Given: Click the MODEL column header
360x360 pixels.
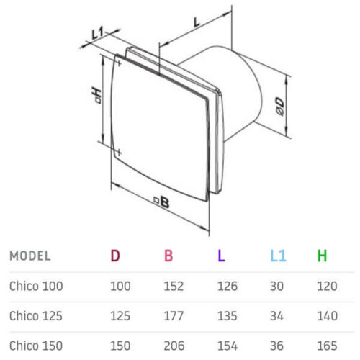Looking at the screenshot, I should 30,256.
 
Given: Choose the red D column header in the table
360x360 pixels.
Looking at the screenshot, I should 115,256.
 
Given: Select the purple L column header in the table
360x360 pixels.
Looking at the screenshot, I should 221,256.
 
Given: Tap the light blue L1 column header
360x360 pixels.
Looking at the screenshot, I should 277,256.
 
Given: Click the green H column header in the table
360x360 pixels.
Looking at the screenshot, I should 323,256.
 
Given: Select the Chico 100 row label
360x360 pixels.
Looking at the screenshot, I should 36,286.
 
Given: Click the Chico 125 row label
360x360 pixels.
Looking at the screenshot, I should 36,315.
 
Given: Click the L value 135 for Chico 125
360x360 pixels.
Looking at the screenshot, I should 228,315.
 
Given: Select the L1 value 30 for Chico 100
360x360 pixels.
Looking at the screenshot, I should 277,286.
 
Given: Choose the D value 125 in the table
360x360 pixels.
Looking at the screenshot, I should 120,315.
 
